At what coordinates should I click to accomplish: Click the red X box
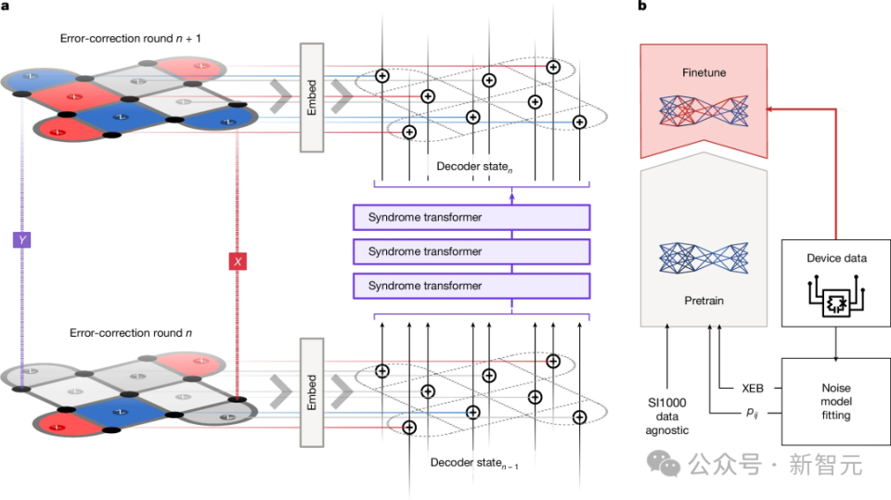coord(239,263)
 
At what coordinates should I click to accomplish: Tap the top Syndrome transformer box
coord(471,217)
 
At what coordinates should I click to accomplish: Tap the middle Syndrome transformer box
coord(471,251)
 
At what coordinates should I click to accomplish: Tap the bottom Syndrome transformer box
coord(471,286)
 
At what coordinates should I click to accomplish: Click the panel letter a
coord(6,6)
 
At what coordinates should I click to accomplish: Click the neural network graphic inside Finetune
coord(703,111)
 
